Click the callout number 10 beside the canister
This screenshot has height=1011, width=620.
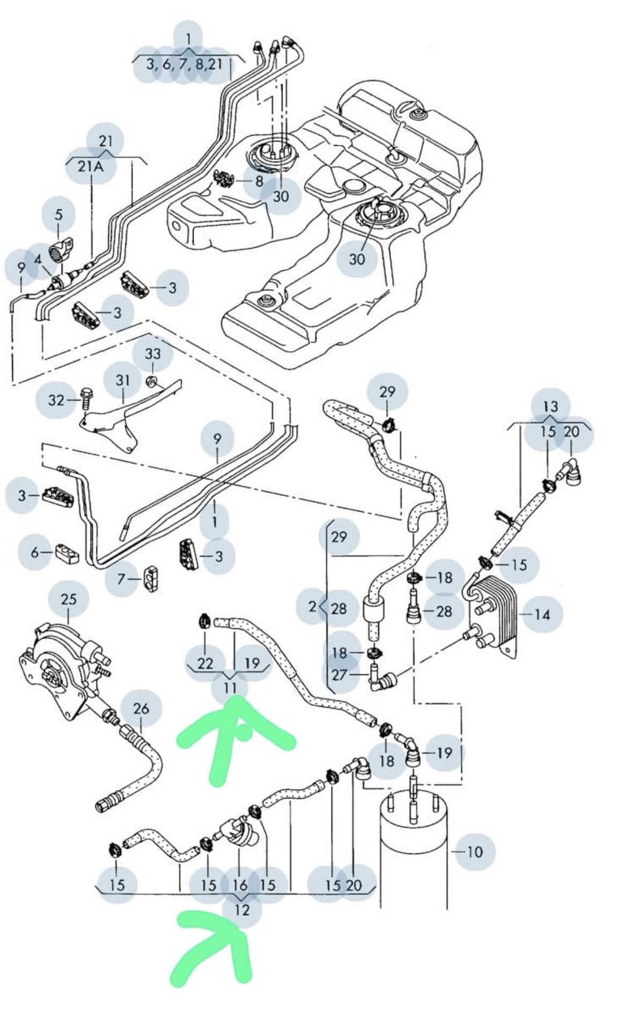[x=475, y=852]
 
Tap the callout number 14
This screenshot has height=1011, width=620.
[x=542, y=614]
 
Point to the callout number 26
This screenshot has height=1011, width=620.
[x=141, y=709]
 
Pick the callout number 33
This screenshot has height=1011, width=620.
[x=153, y=353]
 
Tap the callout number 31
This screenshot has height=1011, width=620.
[x=123, y=380]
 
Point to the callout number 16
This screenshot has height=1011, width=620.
[x=240, y=884]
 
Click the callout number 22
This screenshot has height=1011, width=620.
[x=205, y=663]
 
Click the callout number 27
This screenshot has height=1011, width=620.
[x=339, y=674]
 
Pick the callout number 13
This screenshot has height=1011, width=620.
[x=550, y=407]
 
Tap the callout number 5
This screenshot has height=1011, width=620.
[x=58, y=215]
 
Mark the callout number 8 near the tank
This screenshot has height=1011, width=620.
[x=259, y=181]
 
